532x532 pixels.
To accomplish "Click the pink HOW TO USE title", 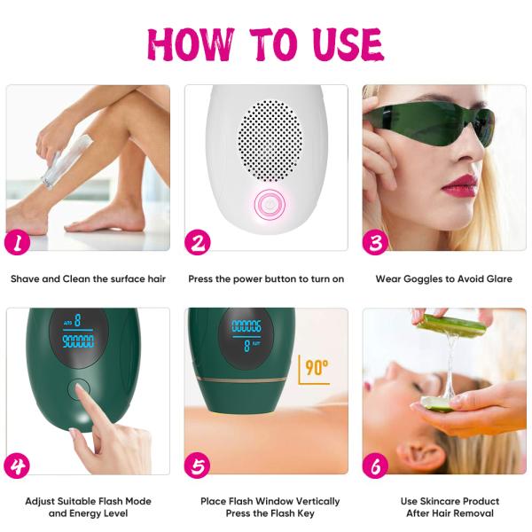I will click(x=266, y=43).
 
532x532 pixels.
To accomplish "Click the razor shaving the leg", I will click(x=55, y=162).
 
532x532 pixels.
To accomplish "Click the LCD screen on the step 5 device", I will click(x=246, y=334).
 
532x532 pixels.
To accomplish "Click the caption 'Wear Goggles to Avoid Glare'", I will click(x=443, y=278).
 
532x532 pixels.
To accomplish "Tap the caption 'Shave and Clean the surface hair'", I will click(x=88, y=278).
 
